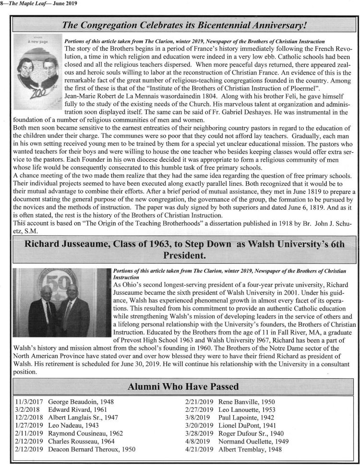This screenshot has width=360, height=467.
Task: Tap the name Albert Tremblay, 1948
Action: (x=251, y=449)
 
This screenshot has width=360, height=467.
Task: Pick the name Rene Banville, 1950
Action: (x=247, y=400)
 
